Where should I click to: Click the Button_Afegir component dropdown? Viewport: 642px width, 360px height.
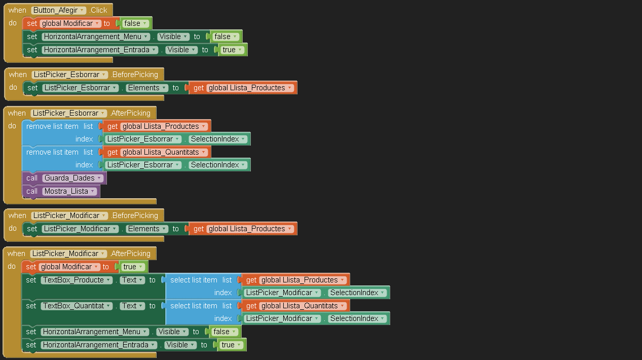58,10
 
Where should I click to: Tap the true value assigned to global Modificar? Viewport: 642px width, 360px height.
133,267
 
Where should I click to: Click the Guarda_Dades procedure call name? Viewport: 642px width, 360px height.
73,178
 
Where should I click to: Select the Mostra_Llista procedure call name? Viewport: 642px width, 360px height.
69,191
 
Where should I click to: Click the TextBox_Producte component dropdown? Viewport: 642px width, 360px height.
77,280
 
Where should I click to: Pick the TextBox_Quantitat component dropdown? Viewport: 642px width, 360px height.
77,306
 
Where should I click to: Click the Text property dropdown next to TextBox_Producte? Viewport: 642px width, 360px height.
132,280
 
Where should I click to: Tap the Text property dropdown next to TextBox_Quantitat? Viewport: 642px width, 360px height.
132,306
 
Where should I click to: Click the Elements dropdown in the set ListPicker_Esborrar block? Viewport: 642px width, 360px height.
147,88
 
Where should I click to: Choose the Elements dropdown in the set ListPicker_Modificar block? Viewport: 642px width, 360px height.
147,229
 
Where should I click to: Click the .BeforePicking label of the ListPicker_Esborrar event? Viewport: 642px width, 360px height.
134,75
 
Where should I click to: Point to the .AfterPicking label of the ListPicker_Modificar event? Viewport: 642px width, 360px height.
130,254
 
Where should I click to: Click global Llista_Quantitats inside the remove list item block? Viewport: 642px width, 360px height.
164,152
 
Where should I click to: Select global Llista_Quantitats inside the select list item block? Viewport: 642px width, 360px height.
303,306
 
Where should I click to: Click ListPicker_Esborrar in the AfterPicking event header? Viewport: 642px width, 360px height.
68,113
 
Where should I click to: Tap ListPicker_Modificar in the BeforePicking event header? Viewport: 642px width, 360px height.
69,215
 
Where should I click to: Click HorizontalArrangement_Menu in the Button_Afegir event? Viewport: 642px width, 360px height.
96,37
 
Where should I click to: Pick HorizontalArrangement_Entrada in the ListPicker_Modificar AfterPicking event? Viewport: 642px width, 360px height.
99,345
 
